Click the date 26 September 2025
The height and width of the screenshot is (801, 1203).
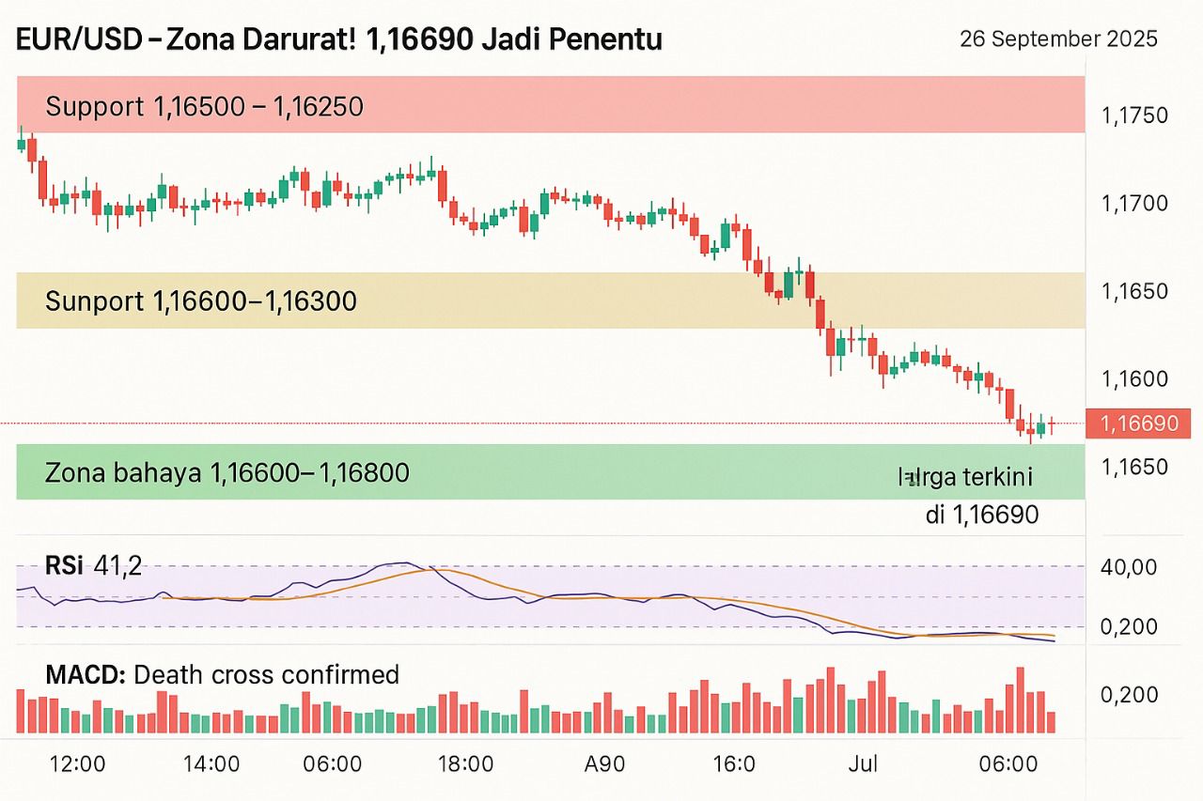[x=1058, y=39]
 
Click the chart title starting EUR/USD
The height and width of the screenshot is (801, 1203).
[x=339, y=39]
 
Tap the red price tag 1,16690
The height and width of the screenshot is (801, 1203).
[x=1137, y=424]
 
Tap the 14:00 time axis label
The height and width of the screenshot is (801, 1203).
[x=211, y=763]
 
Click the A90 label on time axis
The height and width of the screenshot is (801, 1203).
[x=604, y=763]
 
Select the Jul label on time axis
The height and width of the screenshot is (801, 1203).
[x=862, y=763]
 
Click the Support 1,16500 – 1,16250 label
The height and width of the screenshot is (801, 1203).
[x=204, y=107]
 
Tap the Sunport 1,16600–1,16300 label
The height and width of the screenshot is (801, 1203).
[x=200, y=301]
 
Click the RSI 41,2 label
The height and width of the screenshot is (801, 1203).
[x=93, y=565]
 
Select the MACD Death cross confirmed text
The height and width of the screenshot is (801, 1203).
[x=223, y=674]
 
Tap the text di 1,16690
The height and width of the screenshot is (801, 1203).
[x=981, y=514]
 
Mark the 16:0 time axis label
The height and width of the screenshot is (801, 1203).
[x=734, y=763]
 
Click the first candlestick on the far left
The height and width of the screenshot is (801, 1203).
[x=21, y=144]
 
